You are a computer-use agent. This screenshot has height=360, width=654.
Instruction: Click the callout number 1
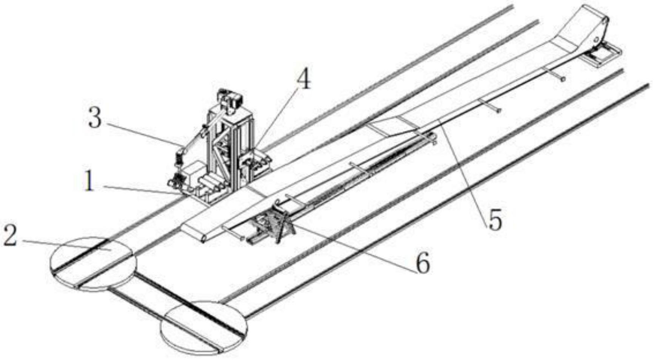[89, 182]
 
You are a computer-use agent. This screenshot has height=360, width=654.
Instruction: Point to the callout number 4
[303, 80]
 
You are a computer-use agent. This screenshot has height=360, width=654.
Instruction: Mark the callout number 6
[422, 263]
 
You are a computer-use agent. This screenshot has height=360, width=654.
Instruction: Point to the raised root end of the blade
[589, 23]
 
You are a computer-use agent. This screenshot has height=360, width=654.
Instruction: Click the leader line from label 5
[464, 166]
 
